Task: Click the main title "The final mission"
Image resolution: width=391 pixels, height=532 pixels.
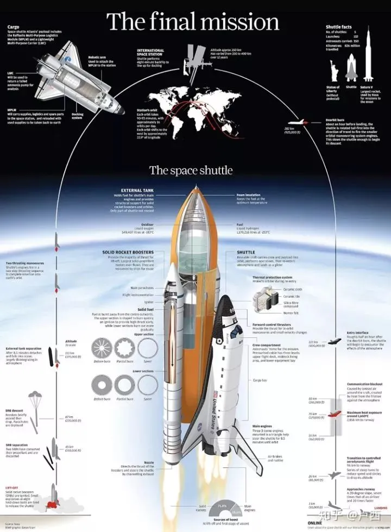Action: click(193, 22)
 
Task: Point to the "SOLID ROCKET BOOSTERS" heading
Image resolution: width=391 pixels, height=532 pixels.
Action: click(128, 252)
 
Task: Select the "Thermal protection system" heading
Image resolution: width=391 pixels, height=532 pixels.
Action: click(273, 277)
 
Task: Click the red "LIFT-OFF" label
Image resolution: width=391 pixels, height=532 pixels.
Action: click(13, 488)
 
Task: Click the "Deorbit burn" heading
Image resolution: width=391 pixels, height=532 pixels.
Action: click(336, 118)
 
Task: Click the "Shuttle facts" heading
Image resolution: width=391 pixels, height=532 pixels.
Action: click(339, 27)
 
